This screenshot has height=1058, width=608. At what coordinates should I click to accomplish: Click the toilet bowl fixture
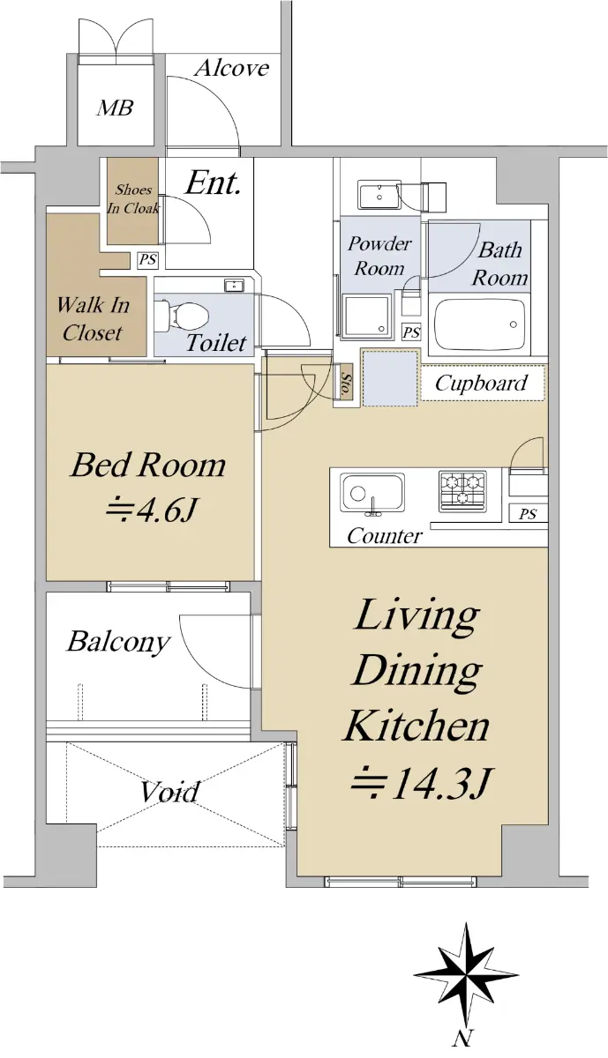pos(182,313)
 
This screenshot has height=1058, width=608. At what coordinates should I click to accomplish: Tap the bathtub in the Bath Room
pos(479,324)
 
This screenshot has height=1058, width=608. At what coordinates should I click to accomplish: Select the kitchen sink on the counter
pos(372,493)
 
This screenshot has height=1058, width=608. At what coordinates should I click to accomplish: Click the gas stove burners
pos(462,491)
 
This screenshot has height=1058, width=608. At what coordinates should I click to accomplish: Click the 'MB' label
pos(115,108)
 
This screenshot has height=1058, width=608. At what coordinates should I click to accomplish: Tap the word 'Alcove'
pos(232,69)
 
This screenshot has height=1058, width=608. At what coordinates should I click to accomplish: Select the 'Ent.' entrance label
pos(213,183)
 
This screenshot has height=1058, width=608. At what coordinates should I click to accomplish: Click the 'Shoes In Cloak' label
pos(133,198)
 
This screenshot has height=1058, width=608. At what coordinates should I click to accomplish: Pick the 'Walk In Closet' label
pos(93,319)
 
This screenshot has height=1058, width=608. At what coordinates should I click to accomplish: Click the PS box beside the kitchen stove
pos(528,514)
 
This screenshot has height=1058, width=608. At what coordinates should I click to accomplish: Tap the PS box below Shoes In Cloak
pos(147,260)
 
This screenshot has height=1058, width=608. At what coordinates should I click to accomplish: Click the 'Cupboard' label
pos(481,383)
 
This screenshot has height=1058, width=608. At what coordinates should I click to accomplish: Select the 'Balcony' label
pos(118,642)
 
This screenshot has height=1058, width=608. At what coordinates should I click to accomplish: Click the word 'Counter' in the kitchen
pos(385,536)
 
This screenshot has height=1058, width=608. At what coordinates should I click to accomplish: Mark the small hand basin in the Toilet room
pos(234,286)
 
